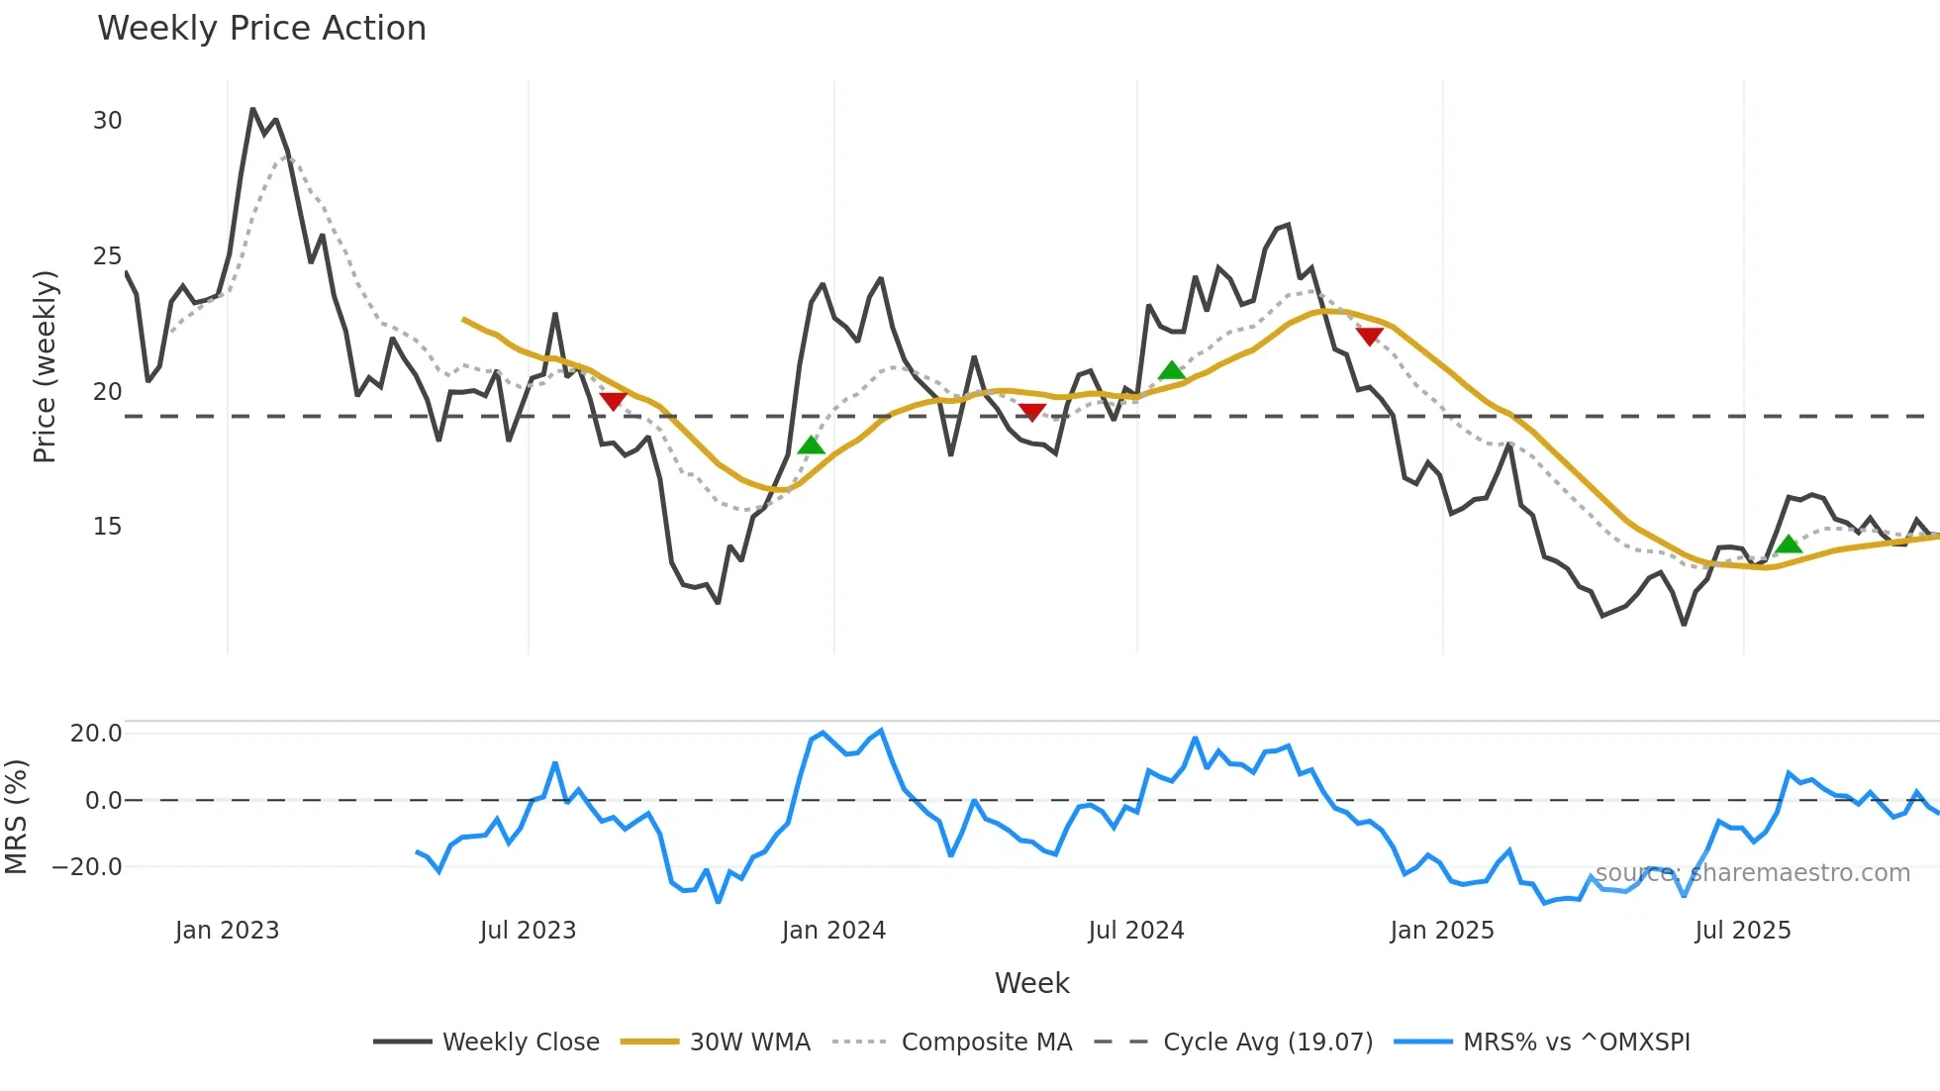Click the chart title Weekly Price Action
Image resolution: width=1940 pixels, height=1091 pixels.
point(261,29)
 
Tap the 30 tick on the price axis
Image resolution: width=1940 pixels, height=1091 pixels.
point(107,121)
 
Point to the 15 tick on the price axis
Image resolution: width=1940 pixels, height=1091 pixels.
point(107,527)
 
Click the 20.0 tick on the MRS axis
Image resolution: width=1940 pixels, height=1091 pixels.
point(96,734)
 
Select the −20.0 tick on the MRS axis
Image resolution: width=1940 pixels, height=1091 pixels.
point(87,867)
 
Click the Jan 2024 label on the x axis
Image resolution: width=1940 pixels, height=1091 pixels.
point(833,931)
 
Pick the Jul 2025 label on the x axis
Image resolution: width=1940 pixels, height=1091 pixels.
point(1743,931)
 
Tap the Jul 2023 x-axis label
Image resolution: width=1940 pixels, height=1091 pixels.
point(528,931)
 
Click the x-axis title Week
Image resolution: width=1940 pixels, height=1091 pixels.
point(1031,983)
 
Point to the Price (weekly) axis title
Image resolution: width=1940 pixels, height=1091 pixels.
point(45,366)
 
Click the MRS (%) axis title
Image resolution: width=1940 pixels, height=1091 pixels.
point(16,817)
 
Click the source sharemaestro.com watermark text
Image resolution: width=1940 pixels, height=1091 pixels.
point(1752,873)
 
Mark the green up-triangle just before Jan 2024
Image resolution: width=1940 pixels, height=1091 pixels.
point(811,446)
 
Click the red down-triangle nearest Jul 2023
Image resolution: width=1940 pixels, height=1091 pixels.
point(613,401)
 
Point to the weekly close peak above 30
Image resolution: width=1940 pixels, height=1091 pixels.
point(252,109)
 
